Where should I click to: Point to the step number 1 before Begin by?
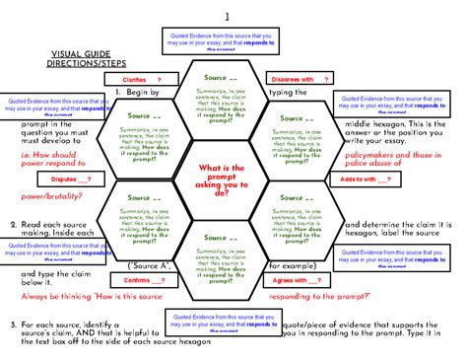point(118,93)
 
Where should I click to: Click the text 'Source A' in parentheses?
point(153,265)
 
